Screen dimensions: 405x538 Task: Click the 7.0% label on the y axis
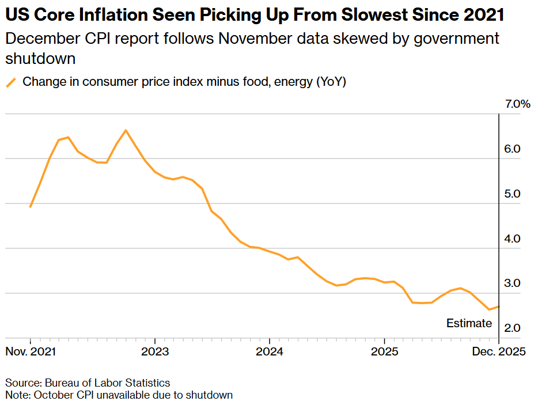tap(517, 104)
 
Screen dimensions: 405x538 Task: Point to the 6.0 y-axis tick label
tap(512, 149)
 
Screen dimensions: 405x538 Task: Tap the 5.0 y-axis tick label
tap(512, 194)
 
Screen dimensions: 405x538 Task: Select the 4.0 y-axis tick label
tap(512, 239)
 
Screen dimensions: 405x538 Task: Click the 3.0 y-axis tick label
tap(512, 283)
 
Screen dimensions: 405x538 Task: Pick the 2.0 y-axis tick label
tap(512, 328)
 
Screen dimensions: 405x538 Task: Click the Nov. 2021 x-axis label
tap(31, 352)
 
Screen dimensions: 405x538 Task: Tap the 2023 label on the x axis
tap(155, 352)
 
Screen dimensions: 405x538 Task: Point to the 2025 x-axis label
tap(384, 352)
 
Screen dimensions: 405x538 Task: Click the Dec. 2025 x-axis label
tap(499, 352)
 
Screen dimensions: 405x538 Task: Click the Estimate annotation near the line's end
tap(469, 323)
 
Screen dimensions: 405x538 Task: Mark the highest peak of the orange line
tap(126, 130)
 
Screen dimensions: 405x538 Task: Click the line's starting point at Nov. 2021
tap(31, 206)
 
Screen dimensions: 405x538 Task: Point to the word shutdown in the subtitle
tap(41, 58)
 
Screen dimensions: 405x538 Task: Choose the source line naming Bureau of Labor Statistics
tap(88, 383)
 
